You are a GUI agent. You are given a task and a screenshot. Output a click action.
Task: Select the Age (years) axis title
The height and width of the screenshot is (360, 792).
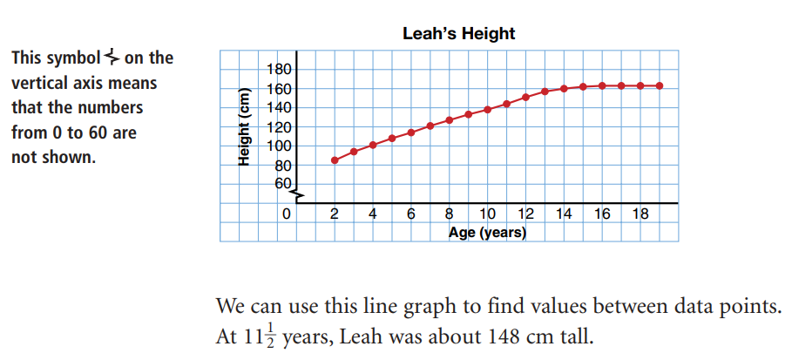pos(487,233)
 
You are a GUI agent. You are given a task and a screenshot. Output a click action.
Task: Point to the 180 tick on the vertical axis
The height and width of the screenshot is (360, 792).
pos(287,70)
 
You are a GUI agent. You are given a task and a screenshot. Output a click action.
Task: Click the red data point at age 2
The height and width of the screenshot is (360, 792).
pos(335,160)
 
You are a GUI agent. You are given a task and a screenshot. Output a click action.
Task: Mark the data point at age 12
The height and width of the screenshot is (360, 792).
pos(525,98)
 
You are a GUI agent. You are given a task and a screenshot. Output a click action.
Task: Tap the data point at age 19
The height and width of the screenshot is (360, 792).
pos(660,85)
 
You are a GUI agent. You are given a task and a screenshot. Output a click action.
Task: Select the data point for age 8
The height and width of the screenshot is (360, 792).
pos(450,120)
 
